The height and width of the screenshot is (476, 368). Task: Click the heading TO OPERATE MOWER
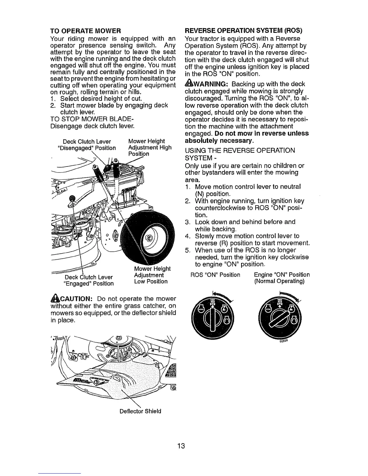pyautogui.click(x=85, y=31)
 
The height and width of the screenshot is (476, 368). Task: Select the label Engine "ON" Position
pyautogui.click(x=282, y=275)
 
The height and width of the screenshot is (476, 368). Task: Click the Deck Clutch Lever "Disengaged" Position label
pyautogui.click(x=87, y=145)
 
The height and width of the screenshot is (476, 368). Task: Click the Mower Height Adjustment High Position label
pyautogui.click(x=149, y=148)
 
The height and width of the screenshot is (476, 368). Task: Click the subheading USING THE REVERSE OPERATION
pyautogui.click(x=240, y=150)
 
